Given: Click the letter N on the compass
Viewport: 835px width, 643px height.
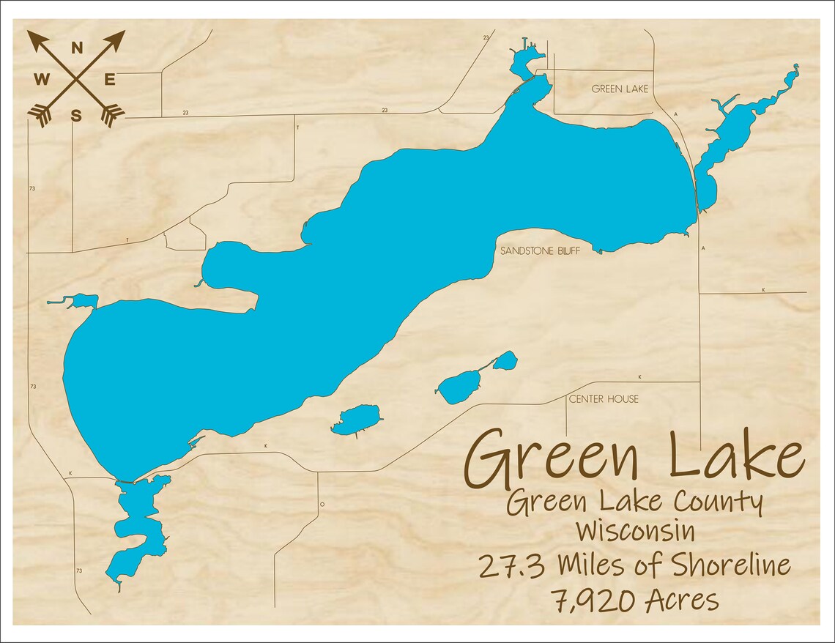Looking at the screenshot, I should [x=76, y=48].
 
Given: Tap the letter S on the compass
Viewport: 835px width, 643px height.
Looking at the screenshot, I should [x=76, y=114].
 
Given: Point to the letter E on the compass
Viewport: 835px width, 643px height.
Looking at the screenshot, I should [x=109, y=80].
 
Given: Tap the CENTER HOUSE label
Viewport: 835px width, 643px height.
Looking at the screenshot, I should [x=604, y=399].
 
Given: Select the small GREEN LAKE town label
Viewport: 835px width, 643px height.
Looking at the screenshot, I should [x=620, y=89].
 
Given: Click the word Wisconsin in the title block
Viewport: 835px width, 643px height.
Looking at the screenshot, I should [x=635, y=531].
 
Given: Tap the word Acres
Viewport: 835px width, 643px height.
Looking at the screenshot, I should [x=682, y=601].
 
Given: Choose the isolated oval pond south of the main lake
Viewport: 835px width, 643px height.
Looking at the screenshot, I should [x=357, y=420].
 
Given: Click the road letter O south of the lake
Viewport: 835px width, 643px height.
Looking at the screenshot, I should [x=322, y=505].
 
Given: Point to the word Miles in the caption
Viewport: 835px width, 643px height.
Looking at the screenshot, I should [x=590, y=565].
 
